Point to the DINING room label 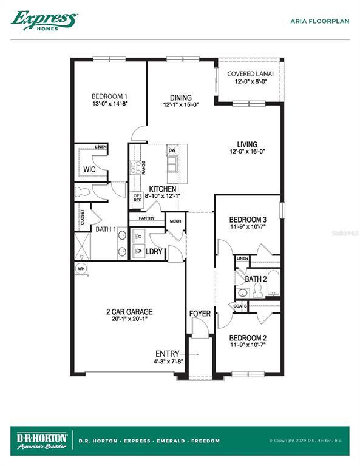coord(181,98)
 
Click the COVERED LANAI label coord(250,74)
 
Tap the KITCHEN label coord(163,189)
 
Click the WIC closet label coord(89,169)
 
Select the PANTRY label coord(147,218)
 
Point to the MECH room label coord(175,221)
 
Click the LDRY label coord(154,250)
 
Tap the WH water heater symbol coord(81,268)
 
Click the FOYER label coord(200,314)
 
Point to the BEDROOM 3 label coord(248,220)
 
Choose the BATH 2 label coord(256,279)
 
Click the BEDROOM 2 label coord(248,337)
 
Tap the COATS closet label coord(239,306)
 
